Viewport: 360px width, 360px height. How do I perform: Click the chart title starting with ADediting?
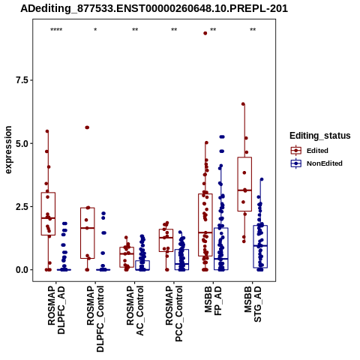point(154,9)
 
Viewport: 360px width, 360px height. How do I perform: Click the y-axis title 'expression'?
point(8,150)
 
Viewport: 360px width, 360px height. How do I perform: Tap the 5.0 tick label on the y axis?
point(22,143)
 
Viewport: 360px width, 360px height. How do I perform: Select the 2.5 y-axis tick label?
point(22,207)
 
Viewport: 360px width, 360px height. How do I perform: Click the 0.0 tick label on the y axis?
point(22,270)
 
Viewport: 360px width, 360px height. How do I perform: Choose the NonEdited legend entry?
point(316,163)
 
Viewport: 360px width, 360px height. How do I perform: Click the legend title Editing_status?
point(320,136)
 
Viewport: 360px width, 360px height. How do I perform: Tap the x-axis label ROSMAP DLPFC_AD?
point(56,310)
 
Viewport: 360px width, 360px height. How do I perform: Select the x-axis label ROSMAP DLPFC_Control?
point(95,319)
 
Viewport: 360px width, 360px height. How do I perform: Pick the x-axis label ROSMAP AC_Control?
point(135,310)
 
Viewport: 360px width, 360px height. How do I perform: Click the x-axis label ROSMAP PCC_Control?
point(174,313)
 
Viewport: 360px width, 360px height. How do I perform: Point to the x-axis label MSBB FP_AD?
point(213,301)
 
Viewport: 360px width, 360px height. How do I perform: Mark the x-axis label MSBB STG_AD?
point(253,304)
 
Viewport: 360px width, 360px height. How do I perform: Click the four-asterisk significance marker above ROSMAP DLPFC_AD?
point(56,30)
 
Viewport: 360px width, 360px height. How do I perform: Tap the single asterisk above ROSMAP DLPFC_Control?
point(95,30)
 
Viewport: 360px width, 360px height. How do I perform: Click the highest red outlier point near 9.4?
point(205,33)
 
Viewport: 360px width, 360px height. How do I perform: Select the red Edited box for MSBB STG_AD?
point(244,184)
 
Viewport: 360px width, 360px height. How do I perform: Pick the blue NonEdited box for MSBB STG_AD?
point(260,247)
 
